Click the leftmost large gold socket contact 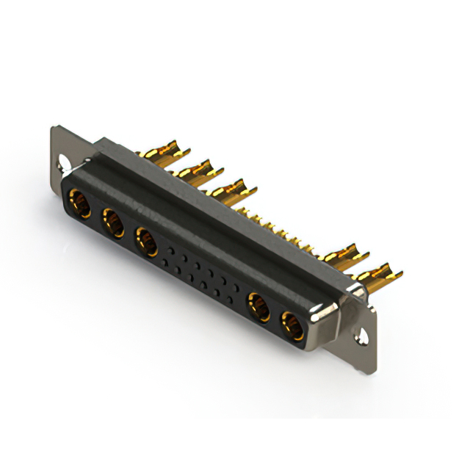click(x=79, y=203)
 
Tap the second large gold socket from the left click(x=114, y=223)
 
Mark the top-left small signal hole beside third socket click(x=170, y=250)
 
